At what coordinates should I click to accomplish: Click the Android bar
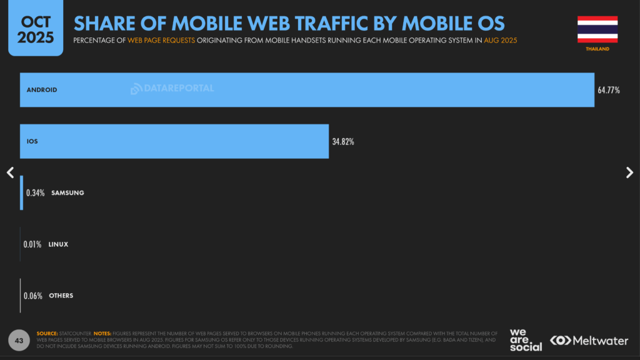pyautogui.click(x=306, y=90)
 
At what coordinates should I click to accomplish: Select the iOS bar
pyautogui.click(x=174, y=141)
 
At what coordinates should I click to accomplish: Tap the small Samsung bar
pyautogui.click(x=22, y=192)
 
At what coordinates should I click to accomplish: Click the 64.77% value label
pyautogui.click(x=609, y=90)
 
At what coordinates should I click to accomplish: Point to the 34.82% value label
pyautogui.click(x=343, y=141)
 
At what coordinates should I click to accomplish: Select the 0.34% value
pyautogui.click(x=35, y=192)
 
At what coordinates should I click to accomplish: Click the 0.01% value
pyautogui.click(x=32, y=244)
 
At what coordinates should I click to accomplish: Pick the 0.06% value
pyautogui.click(x=32, y=296)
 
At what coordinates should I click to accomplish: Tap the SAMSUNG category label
pyautogui.click(x=67, y=192)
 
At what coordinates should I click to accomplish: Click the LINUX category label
pyautogui.click(x=58, y=244)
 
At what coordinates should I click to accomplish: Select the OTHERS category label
pyautogui.click(x=61, y=296)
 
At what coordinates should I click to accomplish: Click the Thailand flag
pyautogui.click(x=597, y=29)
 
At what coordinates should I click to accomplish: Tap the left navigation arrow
pyautogui.click(x=10, y=172)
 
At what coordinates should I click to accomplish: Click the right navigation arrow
pyautogui.click(x=629, y=172)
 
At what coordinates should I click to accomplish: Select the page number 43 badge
pyautogui.click(x=19, y=341)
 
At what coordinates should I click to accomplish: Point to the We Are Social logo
pyautogui.click(x=526, y=340)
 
